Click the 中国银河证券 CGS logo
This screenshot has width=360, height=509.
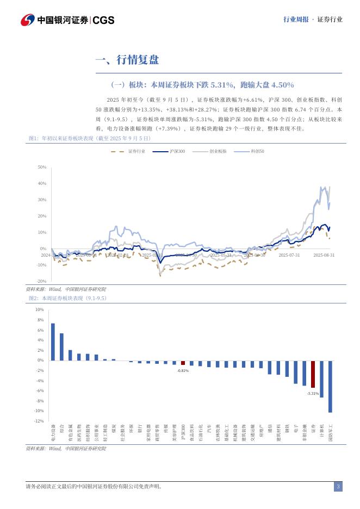coord(67,20)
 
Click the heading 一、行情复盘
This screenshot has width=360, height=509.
coord(127,60)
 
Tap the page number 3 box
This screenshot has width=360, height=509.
coord(338,486)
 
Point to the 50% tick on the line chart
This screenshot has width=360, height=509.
coord(42,167)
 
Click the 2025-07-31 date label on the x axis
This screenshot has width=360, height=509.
coord(289,254)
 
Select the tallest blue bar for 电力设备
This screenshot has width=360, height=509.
coord(53,342)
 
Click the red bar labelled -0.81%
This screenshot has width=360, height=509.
coord(183,362)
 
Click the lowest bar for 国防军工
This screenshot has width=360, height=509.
coord(330,386)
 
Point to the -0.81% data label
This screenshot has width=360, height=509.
coord(183,370)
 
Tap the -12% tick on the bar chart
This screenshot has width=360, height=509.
coord(39,421)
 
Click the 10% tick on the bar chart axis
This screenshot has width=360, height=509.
coord(39,309)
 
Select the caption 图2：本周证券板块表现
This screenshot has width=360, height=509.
coord(67,298)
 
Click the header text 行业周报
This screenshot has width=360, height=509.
coord(296,20)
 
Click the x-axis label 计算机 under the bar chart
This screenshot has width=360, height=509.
coord(321,432)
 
